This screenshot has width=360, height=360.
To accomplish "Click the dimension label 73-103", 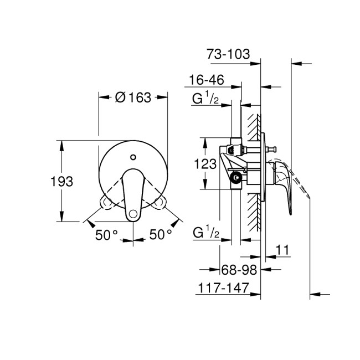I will (228, 54).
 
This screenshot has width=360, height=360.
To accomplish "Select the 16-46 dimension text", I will (206, 80).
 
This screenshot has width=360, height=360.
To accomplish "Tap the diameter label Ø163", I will (133, 97).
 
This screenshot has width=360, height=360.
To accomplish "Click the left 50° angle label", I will (106, 235).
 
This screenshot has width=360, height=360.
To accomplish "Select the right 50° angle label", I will (161, 235).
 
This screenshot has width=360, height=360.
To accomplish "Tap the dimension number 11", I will (283, 250).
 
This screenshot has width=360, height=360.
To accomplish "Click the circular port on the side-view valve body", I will (236, 178).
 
